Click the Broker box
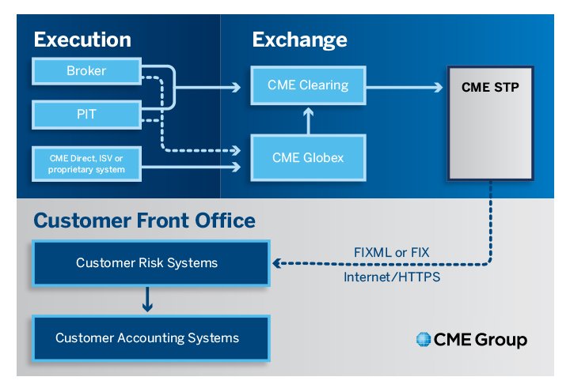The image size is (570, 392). pyautogui.click(x=85, y=72)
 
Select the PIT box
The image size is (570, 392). pyautogui.click(x=85, y=115)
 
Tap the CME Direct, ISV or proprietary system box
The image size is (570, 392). pyautogui.click(x=85, y=164)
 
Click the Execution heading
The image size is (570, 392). pyautogui.click(x=82, y=40)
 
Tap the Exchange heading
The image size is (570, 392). pyautogui.click(x=299, y=40)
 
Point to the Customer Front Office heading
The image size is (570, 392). pyautogui.click(x=144, y=220)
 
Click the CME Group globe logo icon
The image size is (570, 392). pyautogui.click(x=423, y=341)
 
